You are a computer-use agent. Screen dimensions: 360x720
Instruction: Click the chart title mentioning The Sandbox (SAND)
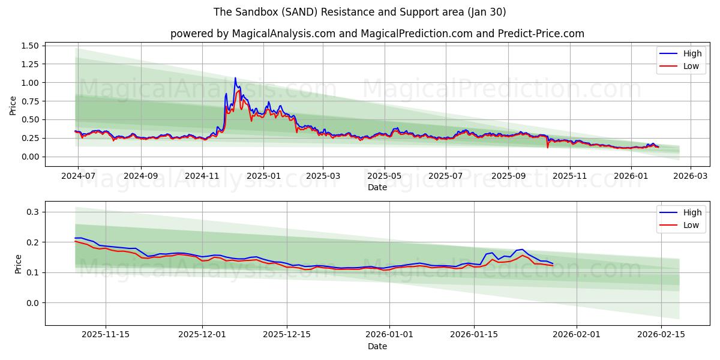360,12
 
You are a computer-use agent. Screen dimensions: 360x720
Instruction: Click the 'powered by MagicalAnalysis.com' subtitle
377,34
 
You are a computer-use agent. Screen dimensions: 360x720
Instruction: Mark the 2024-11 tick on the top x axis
202,176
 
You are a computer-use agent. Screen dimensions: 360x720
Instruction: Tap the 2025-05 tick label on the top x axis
384,176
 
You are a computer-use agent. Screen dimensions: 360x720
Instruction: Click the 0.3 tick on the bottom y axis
32,212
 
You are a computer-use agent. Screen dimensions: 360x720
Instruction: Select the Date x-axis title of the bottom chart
377,346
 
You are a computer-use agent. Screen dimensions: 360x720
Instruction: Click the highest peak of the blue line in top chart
235,77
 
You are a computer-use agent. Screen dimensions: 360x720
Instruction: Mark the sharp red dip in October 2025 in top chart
547,147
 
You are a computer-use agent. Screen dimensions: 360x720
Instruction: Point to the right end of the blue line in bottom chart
553,263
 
